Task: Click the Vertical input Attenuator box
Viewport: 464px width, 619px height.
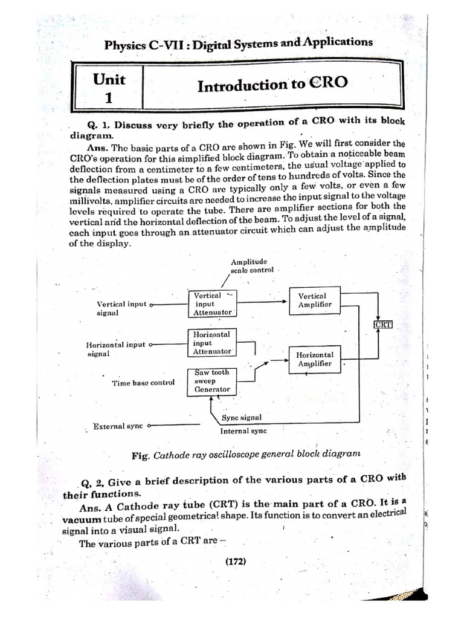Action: pyautogui.click(x=211, y=304)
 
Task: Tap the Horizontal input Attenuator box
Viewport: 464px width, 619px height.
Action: pyautogui.click(x=211, y=343)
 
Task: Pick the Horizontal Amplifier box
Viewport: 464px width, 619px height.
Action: pyautogui.click(x=314, y=359)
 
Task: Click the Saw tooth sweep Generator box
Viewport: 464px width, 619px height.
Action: pyautogui.click(x=211, y=382)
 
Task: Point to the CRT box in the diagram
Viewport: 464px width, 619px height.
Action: pyautogui.click(x=383, y=325)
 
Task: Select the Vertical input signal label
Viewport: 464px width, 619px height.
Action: pyautogui.click(x=121, y=308)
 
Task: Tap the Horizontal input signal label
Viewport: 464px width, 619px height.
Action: pyautogui.click(x=115, y=349)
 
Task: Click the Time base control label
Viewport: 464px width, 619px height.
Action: pyautogui.click(x=143, y=383)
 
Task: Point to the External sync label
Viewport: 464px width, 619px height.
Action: pyautogui.click(x=118, y=426)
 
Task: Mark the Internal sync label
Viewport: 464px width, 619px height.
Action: pyautogui.click(x=243, y=432)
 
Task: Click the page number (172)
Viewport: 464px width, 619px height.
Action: pyautogui.click(x=234, y=561)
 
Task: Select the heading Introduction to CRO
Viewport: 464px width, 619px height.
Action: pyautogui.click(x=272, y=84)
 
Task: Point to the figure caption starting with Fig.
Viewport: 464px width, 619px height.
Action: pyautogui.click(x=245, y=454)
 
